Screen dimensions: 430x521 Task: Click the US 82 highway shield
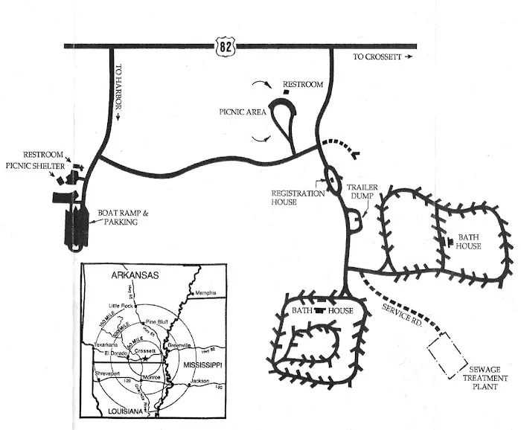(x=224, y=47)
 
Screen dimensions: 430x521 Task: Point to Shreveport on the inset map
(x=107, y=371)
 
